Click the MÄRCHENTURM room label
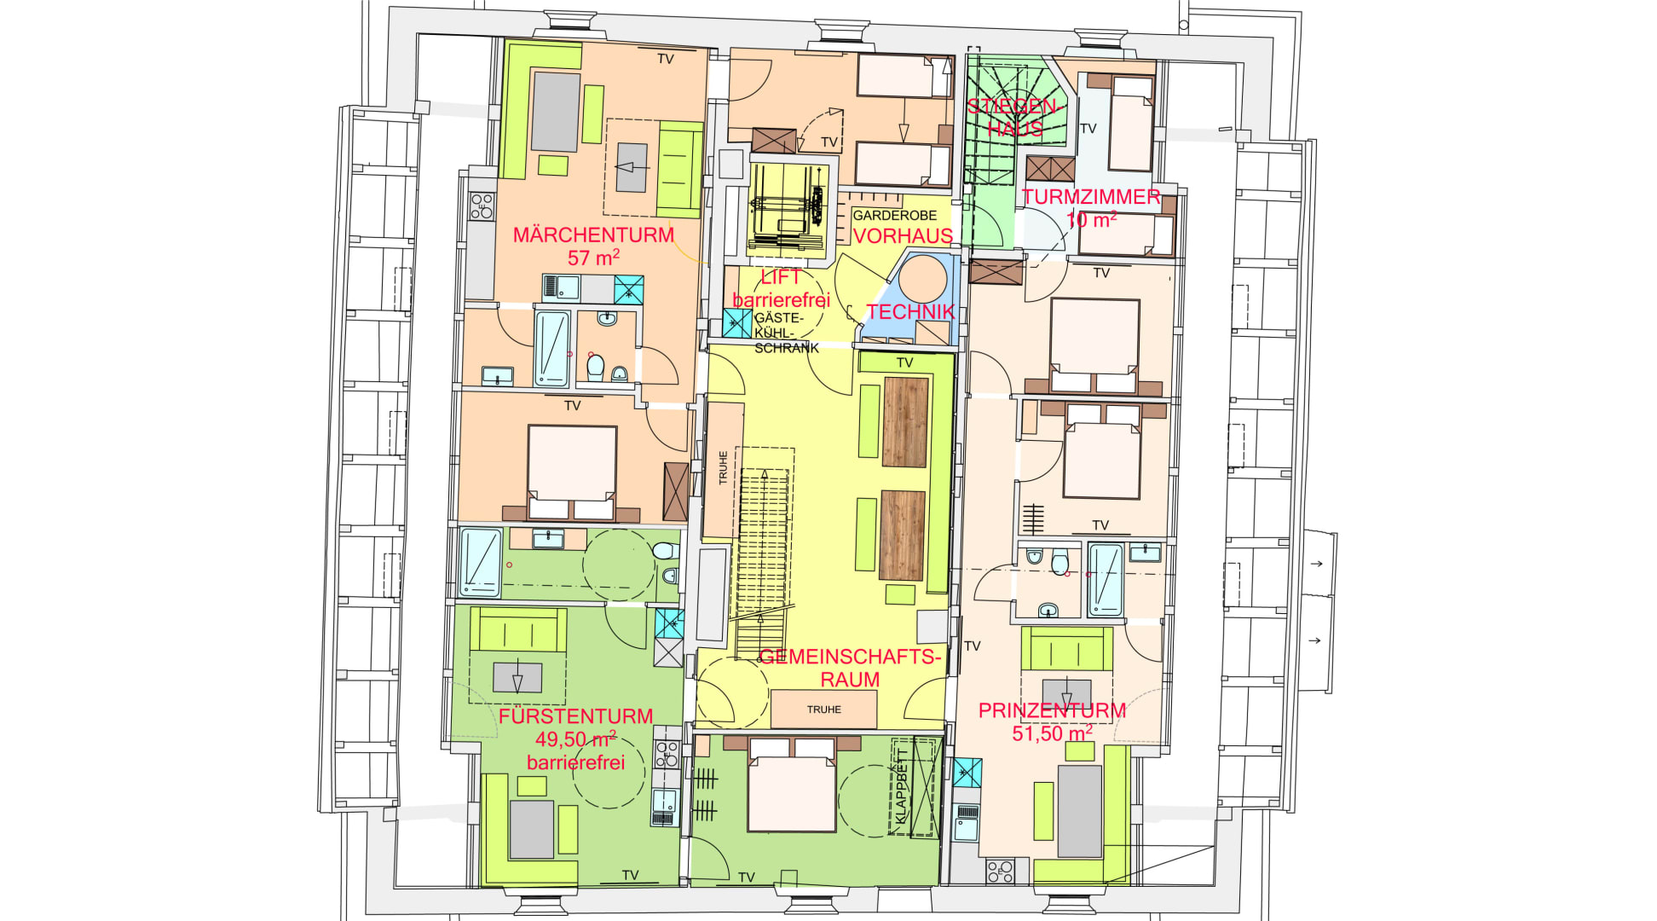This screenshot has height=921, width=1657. (x=593, y=235)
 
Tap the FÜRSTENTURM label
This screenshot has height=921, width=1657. (x=576, y=716)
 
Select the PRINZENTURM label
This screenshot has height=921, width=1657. (x=1052, y=710)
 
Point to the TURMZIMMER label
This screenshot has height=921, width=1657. (x=1091, y=197)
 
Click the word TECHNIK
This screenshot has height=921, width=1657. (x=910, y=312)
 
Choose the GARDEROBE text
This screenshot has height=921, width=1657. (x=894, y=216)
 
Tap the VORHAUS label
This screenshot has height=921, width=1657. (x=903, y=236)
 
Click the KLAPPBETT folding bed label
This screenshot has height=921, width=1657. (x=902, y=791)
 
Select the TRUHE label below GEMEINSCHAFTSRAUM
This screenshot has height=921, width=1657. (x=823, y=710)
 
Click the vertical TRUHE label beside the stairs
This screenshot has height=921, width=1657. (x=723, y=468)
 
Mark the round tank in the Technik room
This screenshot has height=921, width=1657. (x=922, y=280)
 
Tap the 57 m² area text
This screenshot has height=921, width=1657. (x=593, y=257)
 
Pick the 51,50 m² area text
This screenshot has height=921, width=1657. (x=1052, y=733)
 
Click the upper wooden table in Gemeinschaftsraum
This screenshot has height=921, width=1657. (x=905, y=422)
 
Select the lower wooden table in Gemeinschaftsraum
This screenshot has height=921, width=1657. (x=903, y=536)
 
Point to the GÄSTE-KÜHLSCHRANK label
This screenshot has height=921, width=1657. (x=786, y=333)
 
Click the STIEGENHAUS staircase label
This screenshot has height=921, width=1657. (x=1014, y=118)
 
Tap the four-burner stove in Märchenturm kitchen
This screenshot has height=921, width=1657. (x=482, y=206)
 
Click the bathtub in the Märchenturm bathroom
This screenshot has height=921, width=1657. (x=551, y=349)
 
